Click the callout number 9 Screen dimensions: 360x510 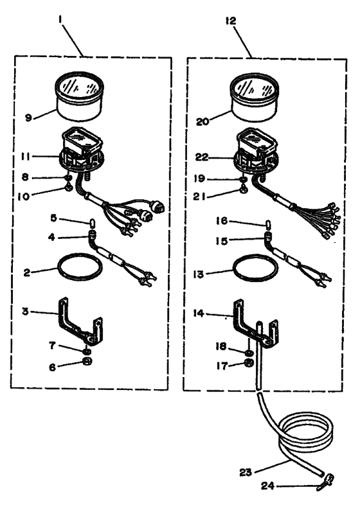point(29,118)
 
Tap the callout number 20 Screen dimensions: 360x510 point(202,121)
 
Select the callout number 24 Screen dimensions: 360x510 point(268,486)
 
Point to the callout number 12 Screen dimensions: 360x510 point(230,21)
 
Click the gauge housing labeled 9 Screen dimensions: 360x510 point(80,97)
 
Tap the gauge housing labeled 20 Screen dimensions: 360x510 point(255,98)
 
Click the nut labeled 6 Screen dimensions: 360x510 point(87,362)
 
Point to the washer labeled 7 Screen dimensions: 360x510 point(86,351)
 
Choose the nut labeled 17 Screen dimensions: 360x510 point(249,364)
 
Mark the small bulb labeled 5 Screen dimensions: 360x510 point(92,224)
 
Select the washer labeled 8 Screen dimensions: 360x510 point(68,177)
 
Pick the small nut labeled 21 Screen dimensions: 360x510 point(243,190)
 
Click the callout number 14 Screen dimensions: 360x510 point(199,314)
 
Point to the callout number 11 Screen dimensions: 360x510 point(25,157)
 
